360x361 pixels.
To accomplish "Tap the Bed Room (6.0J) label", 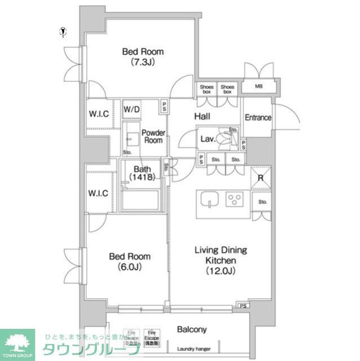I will click(130, 261).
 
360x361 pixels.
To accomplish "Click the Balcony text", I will click(192, 329).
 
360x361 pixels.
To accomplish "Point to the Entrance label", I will click(257, 118).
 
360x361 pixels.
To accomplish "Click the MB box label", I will click(259, 87).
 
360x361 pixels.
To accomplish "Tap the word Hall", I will click(202, 116).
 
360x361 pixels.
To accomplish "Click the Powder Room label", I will click(153, 137).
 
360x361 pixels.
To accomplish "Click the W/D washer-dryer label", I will click(132, 109).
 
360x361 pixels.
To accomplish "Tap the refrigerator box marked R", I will click(260, 178).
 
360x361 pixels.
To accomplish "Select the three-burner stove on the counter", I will click(234, 199).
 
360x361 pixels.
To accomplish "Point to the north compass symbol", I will click(63, 32).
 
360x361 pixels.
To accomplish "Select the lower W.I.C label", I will click(99, 193).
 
